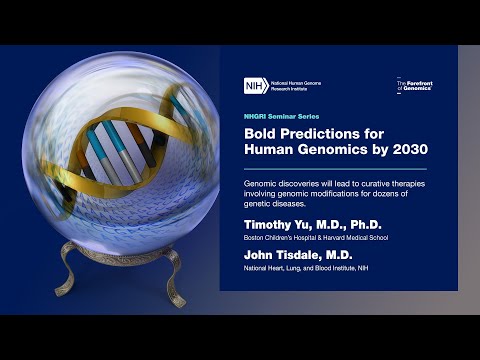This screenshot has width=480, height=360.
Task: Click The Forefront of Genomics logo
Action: pyautogui.click(x=415, y=87)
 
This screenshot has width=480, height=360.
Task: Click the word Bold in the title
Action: pyautogui.click(x=260, y=134)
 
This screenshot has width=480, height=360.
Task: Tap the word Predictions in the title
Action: pyautogui.click(x=318, y=134)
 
